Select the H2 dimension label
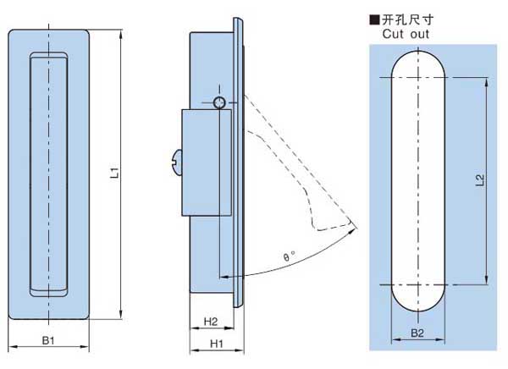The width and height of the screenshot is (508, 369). pos(212,322)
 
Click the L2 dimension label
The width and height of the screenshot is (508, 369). pos(479,179)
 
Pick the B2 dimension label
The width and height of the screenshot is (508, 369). pos(417,333)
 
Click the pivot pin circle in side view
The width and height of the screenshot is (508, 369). pos(220,102)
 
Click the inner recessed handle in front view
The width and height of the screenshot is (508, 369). pos(49,173)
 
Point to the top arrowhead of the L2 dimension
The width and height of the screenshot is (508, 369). pos(485,82)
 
